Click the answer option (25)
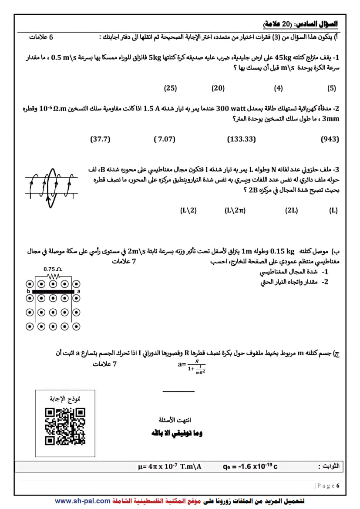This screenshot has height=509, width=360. [x=170, y=88]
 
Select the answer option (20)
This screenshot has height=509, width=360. [x=218, y=88]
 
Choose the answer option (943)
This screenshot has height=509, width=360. [x=330, y=139]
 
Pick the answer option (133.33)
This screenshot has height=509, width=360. [x=242, y=139]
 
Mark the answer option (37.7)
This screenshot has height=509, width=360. [x=100, y=139]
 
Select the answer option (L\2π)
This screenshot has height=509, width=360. [x=235, y=210]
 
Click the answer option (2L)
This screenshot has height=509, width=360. [x=292, y=210]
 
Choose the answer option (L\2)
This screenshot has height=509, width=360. [x=188, y=210]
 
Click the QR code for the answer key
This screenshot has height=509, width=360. [x=65, y=426]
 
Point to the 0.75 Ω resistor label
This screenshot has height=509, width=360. [x=53, y=269]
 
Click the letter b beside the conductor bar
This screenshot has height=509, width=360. [x=28, y=291]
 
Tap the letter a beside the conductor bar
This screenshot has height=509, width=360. [x=78, y=291]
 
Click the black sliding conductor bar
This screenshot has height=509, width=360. [x=53, y=291]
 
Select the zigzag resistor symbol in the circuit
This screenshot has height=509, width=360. [x=53, y=276]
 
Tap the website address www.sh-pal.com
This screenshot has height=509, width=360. [x=83, y=501]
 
